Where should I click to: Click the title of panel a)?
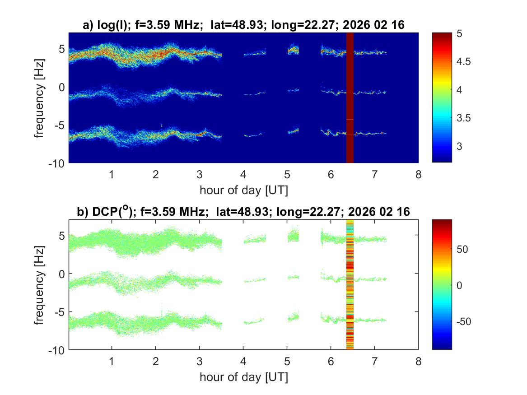pyautogui.click(x=243, y=25)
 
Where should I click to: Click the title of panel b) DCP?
pyautogui.click(x=243, y=212)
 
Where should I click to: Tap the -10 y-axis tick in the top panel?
pyautogui.click(x=57, y=163)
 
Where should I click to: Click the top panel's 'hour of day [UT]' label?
pyautogui.click(x=243, y=190)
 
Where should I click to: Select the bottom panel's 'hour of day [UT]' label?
pyautogui.click(x=243, y=376)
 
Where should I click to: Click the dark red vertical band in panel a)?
pyautogui.click(x=350, y=98)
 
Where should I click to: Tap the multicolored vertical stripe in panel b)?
pyautogui.click(x=350, y=284)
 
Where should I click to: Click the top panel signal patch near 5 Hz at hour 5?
pyautogui.click(x=294, y=50)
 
